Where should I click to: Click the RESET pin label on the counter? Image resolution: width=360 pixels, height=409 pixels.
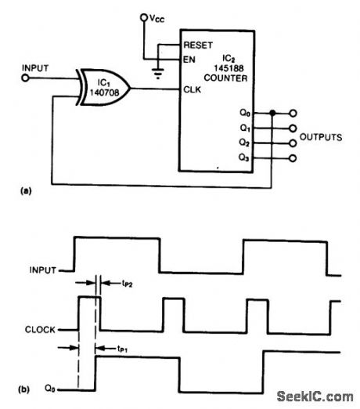(x=199, y=42)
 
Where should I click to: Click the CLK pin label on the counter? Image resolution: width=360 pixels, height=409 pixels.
(x=192, y=89)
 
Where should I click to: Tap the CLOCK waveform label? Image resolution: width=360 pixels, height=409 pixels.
(x=39, y=330)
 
